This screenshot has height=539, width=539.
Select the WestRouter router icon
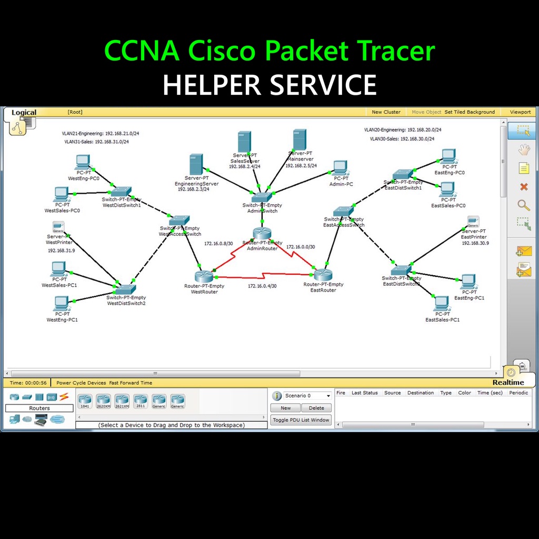pos(203,276)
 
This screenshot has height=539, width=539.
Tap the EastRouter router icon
pos(323,274)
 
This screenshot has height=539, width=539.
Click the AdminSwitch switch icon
pos(262,197)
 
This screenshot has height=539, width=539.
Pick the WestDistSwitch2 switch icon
pos(126,289)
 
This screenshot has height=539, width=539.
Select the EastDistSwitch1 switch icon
pos(403,174)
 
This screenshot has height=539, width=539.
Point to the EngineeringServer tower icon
pos(196,165)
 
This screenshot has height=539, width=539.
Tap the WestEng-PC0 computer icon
pos(83,162)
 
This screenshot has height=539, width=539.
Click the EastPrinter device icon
pos(473,222)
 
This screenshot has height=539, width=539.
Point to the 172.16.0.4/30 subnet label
pos(262,286)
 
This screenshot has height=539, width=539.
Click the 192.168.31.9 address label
pos(62,251)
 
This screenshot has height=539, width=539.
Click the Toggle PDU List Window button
pos(301,420)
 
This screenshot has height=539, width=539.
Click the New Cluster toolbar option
pos(386,112)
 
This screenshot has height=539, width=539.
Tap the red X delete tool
pos(523,187)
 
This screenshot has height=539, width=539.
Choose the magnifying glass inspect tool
pos(523,205)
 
